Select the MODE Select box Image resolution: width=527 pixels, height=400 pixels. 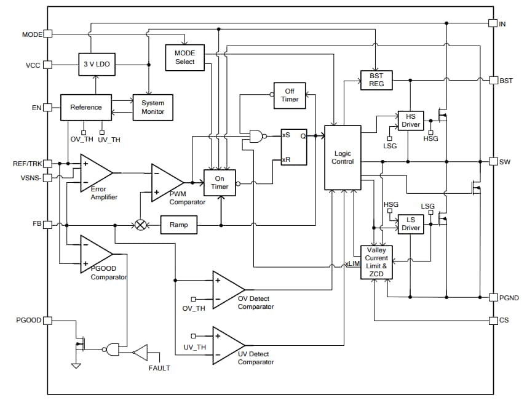(184, 58)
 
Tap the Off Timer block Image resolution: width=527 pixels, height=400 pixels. (290, 95)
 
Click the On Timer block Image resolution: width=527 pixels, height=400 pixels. (220, 183)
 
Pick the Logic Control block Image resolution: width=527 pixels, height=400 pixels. (343, 157)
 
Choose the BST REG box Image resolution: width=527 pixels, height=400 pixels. (376, 80)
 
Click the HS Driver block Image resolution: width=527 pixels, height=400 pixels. (411, 121)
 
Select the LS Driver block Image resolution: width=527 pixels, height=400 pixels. (411, 224)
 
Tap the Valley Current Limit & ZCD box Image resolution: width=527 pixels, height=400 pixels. (376, 262)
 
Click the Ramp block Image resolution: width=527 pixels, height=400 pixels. (178, 225)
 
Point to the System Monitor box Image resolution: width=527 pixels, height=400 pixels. (153, 107)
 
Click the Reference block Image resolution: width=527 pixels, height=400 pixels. (85, 107)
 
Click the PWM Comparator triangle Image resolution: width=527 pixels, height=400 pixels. (165, 182)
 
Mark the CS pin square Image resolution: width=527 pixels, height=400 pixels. (492, 321)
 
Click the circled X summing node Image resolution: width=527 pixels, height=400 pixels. (140, 225)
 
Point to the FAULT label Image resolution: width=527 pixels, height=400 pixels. (159, 368)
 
